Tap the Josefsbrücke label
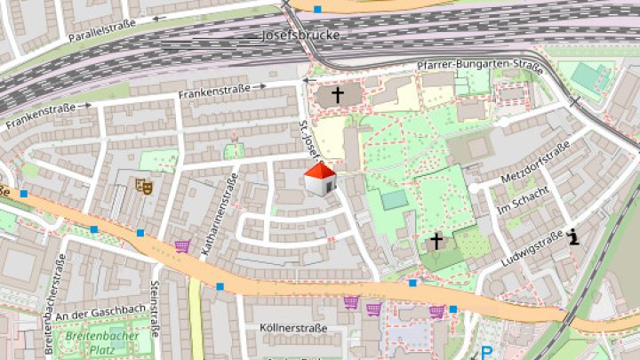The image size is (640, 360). pyautogui.click(x=300, y=37)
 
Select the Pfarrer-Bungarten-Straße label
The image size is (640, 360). pyautogui.click(x=480, y=66)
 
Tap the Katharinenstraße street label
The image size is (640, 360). pyautogui.click(x=219, y=216)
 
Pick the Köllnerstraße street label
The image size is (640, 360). pyautogui.click(x=292, y=328)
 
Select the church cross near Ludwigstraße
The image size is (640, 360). pyautogui.click(x=436, y=240)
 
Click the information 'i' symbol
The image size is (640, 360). pyautogui.click(x=575, y=236)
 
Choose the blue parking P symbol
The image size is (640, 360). pyautogui.click(x=486, y=352)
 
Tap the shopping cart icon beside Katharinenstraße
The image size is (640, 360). pyautogui.click(x=183, y=244)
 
